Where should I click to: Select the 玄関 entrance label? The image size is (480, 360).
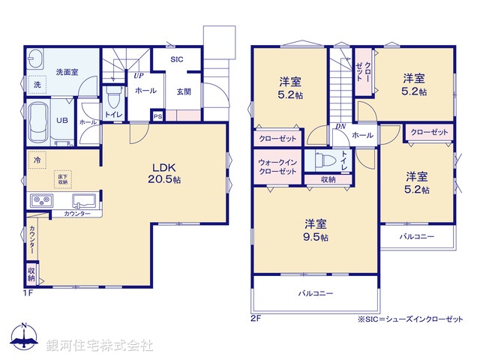coord(183,91)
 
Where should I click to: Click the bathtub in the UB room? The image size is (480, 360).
coord(37,122)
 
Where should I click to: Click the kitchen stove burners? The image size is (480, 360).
coord(40,201)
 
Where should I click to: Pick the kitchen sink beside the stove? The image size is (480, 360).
coord(82,201)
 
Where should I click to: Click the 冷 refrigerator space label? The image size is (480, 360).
coord(36,160)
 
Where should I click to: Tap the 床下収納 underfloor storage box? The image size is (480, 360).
coord(63,178)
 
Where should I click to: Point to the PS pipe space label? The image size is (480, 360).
coord(157,116)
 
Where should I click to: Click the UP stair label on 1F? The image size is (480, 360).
coord(139,76)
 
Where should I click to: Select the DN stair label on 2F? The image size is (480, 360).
coord(340,127)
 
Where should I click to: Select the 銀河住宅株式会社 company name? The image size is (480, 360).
coord(100,346)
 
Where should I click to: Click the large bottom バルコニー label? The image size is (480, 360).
coord(315,293)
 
